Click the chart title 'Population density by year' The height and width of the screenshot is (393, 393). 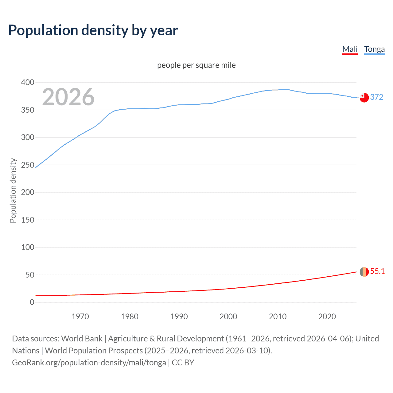(93, 30)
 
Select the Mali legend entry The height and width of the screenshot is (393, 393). (350, 49)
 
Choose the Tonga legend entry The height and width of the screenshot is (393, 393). (374, 49)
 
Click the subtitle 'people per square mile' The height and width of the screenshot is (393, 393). (196, 65)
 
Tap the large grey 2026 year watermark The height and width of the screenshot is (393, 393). (68, 97)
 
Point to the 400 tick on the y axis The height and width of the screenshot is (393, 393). (28, 82)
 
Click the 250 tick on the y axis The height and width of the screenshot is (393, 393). (28, 165)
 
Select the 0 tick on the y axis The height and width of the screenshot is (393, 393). (32, 302)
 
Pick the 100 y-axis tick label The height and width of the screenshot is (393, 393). (28, 247)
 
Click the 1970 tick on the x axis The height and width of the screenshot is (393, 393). (80, 317)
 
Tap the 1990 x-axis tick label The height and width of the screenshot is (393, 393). (179, 317)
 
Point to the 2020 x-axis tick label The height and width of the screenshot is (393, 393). (327, 317)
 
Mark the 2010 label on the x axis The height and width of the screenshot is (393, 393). (278, 317)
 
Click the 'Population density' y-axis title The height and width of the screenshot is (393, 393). (13, 190)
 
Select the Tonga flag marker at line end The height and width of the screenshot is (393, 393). (364, 97)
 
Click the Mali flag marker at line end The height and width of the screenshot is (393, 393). (364, 272)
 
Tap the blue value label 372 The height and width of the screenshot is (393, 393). (377, 97)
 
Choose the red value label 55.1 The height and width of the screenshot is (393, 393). (377, 271)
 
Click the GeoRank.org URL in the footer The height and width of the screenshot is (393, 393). (89, 362)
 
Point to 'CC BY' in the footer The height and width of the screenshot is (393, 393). (183, 362)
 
